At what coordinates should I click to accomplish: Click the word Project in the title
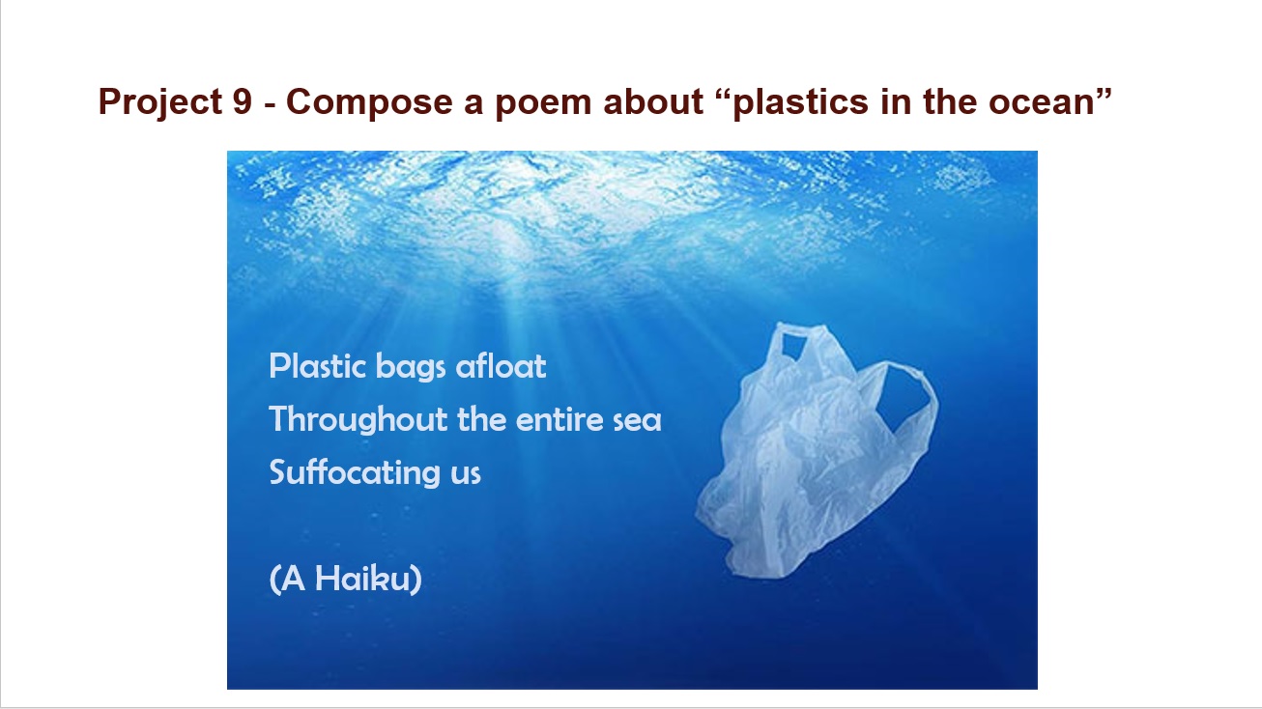(160, 102)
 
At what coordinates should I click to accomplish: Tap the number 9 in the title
(243, 102)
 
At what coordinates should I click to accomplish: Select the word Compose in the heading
(369, 102)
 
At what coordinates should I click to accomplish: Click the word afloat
(501, 366)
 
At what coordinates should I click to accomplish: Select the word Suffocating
(355, 473)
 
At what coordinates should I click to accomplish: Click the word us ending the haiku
(466, 476)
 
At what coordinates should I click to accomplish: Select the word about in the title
(653, 102)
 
